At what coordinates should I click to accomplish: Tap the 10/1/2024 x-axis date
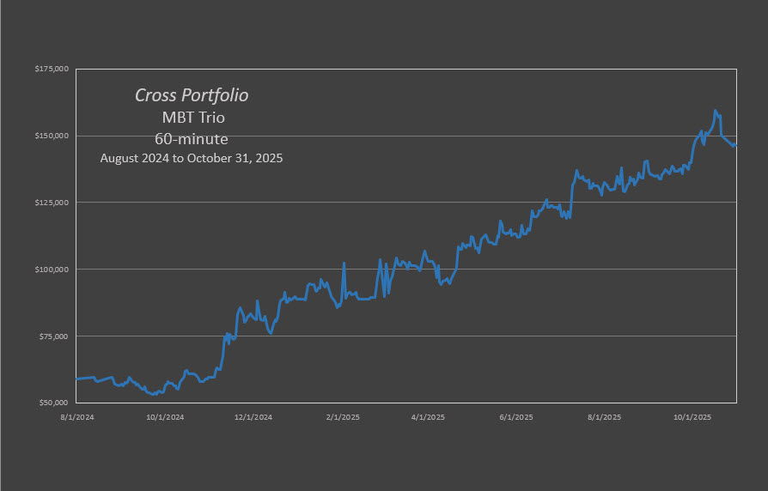click(x=164, y=418)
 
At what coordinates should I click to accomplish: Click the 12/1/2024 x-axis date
click(x=253, y=418)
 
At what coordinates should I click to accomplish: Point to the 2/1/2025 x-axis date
click(x=342, y=418)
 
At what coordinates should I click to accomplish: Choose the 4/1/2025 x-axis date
click(x=427, y=418)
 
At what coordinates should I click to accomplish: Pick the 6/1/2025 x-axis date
click(x=516, y=418)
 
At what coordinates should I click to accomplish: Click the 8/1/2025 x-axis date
click(x=604, y=418)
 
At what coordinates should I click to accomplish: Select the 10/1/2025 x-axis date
click(x=692, y=418)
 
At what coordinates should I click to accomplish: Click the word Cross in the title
click(x=155, y=95)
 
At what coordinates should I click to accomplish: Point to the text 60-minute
click(x=192, y=138)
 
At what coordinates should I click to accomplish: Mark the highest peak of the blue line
click(x=715, y=110)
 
